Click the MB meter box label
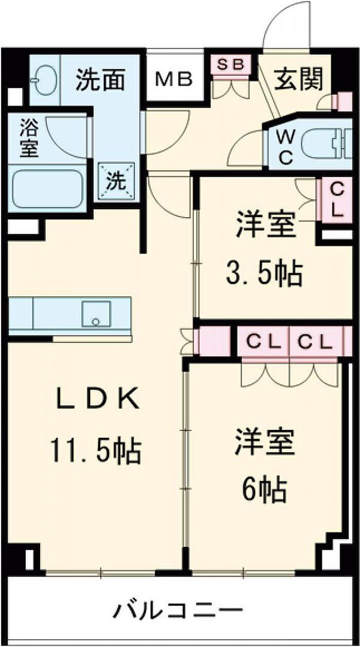click(174, 80)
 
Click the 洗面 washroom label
click(101, 81)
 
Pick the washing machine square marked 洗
click(116, 181)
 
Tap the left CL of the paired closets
click(264, 342)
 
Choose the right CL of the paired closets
click(315, 342)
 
